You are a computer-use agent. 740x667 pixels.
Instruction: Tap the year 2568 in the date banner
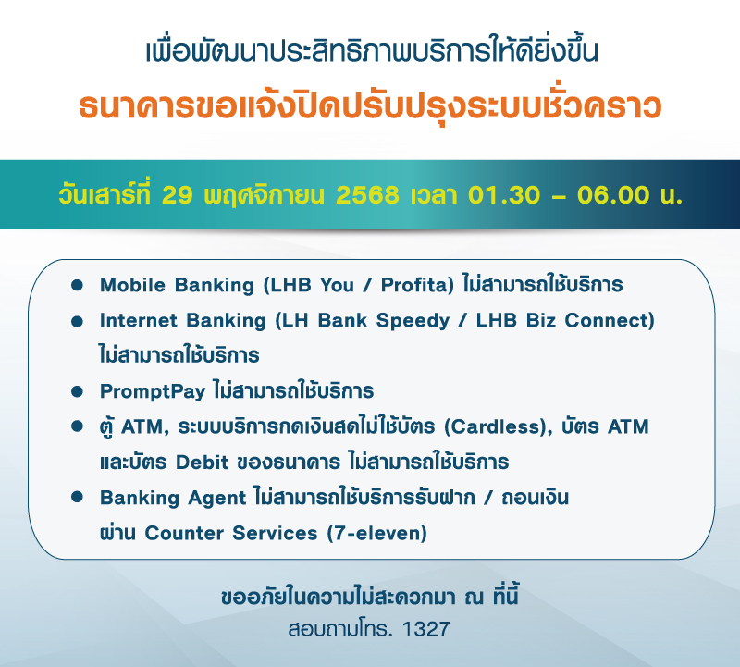pos(368,195)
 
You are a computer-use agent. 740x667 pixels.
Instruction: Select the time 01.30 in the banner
pos(499,195)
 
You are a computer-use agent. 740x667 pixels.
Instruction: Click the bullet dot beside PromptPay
pos(78,391)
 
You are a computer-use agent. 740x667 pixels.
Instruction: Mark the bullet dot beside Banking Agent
pos(78,498)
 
